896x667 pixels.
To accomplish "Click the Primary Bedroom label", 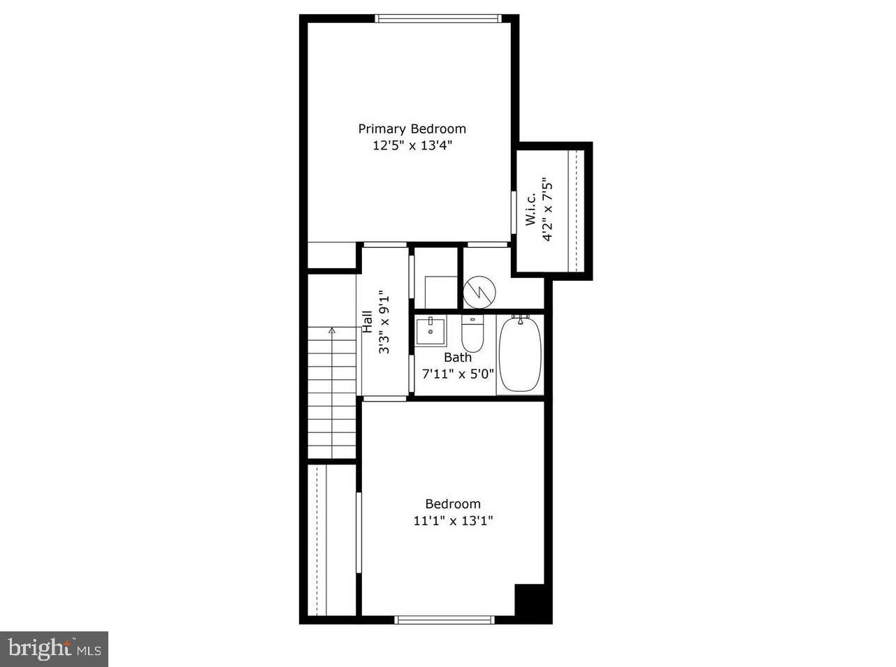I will pos(412,129).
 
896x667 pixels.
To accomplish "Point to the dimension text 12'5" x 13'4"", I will pos(412,146).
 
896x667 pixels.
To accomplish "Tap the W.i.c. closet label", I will pos(530,210).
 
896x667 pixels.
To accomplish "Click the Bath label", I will pos(458,357).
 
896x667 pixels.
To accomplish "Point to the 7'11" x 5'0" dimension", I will pos(458,373).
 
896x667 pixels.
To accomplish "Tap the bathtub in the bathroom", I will pos(520,355).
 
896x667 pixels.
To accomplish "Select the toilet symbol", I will pos(472,334).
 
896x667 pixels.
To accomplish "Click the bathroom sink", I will pos(431,332).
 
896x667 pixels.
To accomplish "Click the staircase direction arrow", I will pos(332,330).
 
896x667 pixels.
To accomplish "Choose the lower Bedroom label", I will pos(453,504).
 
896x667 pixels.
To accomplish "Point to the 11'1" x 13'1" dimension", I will pos(453,520).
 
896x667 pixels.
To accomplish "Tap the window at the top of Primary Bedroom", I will pos(439,19).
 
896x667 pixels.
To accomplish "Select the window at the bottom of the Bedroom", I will pos(445,620).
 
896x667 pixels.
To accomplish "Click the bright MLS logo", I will pos(54,649).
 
